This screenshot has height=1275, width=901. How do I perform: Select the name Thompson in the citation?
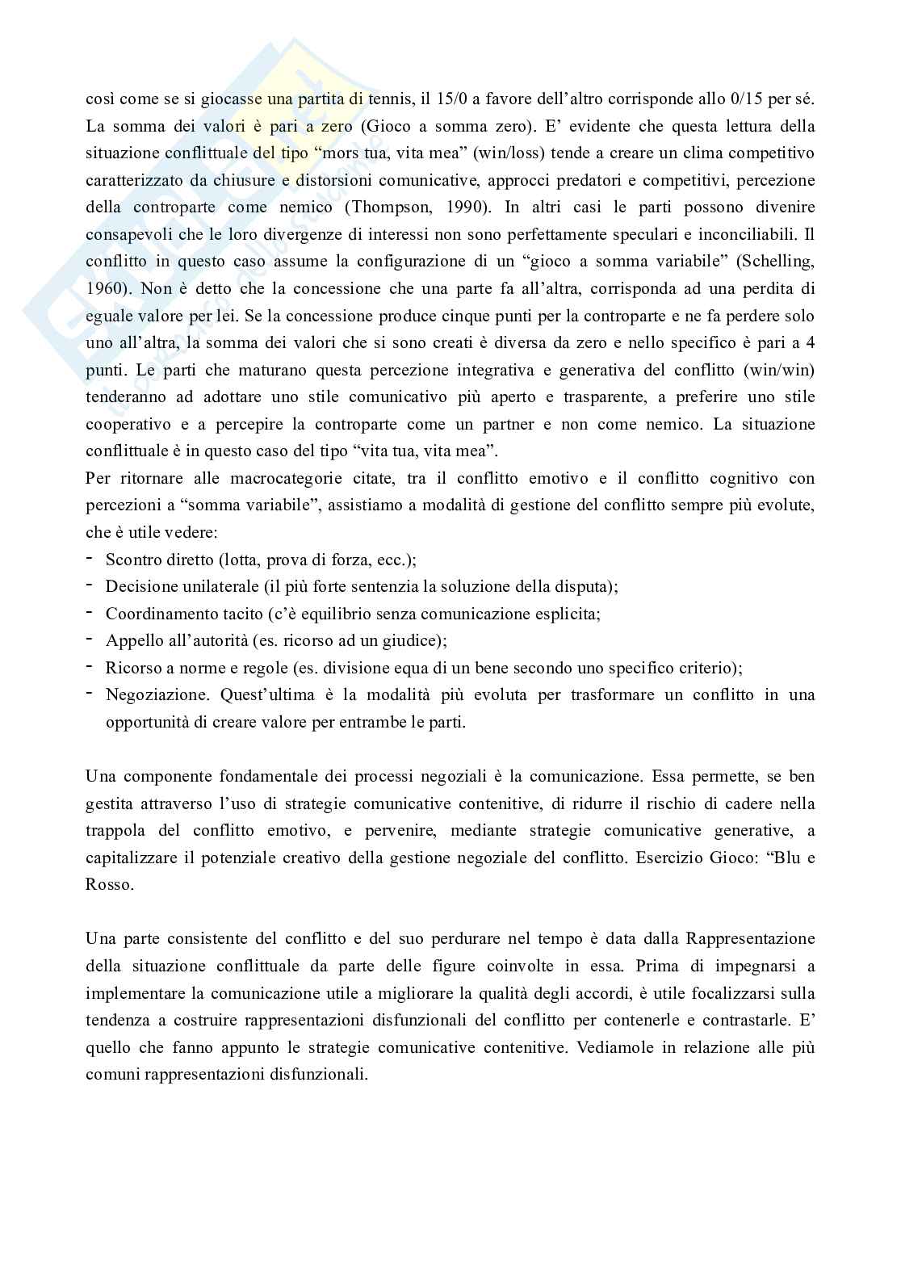click(x=390, y=208)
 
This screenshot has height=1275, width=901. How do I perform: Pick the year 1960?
click(x=102, y=289)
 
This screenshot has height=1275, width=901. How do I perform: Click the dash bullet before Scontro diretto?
click(x=88, y=560)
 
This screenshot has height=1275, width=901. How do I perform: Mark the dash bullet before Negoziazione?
click(x=88, y=694)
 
